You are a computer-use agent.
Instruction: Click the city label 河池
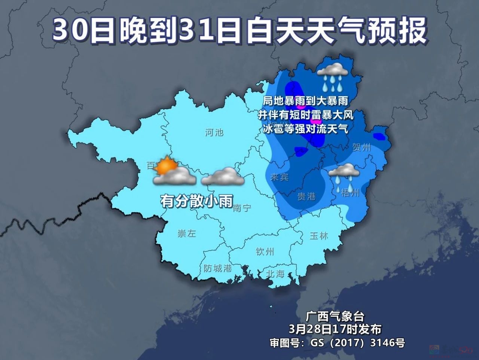click(x=214, y=132)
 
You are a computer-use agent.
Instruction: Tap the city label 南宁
click(x=242, y=208)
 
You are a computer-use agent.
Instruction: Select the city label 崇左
click(x=186, y=234)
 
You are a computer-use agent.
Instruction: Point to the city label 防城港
click(x=218, y=268)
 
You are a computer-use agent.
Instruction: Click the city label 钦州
click(x=265, y=251)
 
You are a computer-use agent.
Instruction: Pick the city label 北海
click(x=275, y=274)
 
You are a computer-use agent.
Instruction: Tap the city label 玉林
click(x=319, y=236)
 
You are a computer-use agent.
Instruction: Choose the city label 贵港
click(x=306, y=196)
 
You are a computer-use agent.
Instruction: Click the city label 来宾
click(x=279, y=177)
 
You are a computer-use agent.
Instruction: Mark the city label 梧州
click(x=351, y=192)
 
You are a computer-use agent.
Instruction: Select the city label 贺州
click(x=361, y=147)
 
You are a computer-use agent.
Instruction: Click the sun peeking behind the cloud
click(x=165, y=165)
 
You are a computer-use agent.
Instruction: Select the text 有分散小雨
click(x=197, y=201)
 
